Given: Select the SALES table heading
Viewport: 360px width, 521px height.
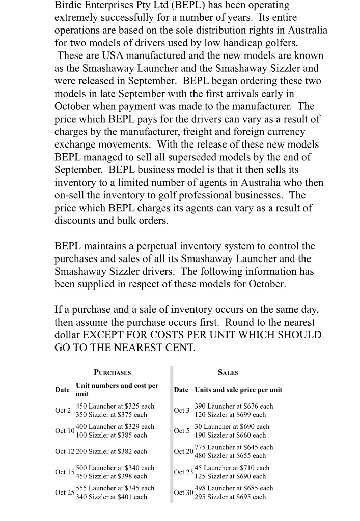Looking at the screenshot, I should (x=228, y=373).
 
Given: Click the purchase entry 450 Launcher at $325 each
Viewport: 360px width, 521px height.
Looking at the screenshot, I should (x=115, y=406).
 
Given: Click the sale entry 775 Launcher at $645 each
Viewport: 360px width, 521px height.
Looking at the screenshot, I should (x=234, y=447).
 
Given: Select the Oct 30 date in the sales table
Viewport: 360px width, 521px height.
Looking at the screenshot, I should (x=183, y=493).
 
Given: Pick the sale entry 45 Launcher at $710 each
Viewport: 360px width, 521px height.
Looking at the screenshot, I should (x=232, y=468).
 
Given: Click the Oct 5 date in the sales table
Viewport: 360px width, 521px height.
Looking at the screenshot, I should (x=181, y=431).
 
